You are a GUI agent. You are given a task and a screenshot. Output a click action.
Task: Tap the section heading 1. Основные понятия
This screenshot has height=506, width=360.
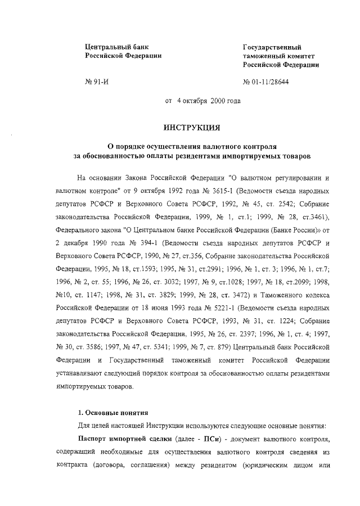[112, 414]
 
